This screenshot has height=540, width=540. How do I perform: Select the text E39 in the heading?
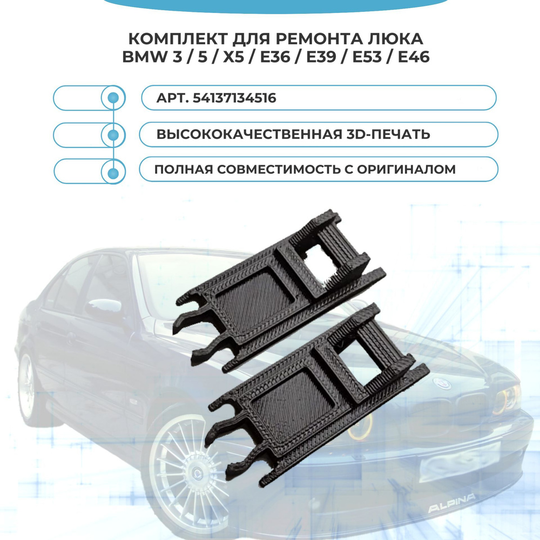pos(321,57)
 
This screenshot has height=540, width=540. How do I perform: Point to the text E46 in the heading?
pos(414,57)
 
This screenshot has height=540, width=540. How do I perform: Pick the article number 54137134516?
pos(234,98)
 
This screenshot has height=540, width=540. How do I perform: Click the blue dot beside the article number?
pos(113,98)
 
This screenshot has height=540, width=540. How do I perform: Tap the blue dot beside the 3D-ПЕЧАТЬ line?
pos(113,134)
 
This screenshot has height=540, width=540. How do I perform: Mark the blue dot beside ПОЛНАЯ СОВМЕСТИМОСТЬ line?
pos(113,173)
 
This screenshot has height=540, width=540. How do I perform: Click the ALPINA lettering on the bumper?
pos(451,503)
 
